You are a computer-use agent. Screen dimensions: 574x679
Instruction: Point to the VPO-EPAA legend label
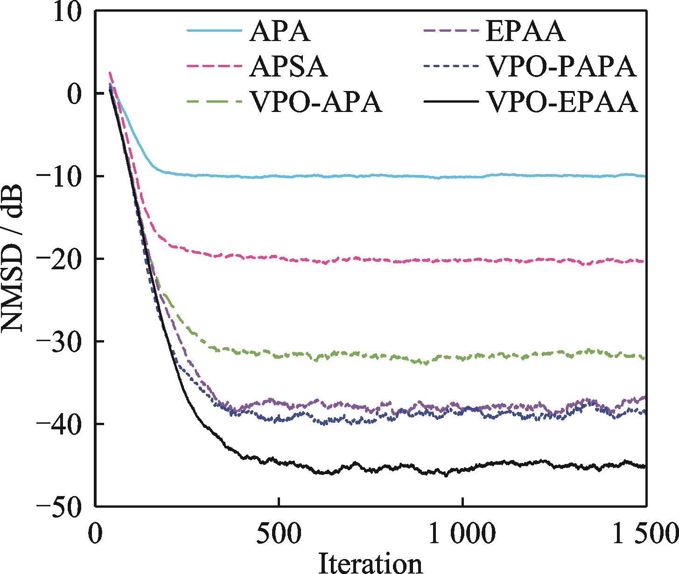point(562,102)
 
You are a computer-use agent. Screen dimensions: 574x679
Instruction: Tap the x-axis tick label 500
point(279,532)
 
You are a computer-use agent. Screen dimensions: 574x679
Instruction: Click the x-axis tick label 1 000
point(462,532)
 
